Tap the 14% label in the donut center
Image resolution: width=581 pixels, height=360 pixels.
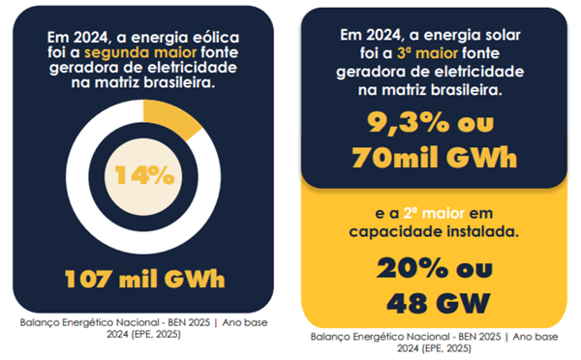143,175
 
